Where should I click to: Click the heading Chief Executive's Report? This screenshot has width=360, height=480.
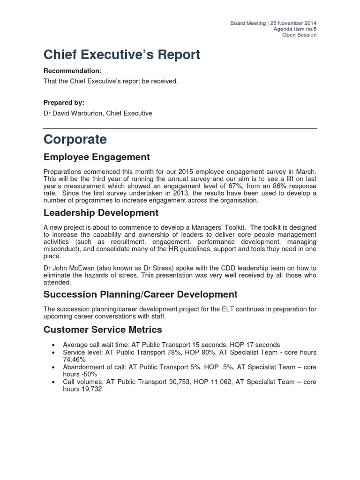(x=121, y=55)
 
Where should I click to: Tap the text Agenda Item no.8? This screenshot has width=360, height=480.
(x=295, y=29)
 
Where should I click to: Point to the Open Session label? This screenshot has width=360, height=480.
(x=299, y=35)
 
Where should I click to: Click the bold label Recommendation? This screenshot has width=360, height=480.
(x=72, y=71)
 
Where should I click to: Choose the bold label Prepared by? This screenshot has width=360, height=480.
(x=64, y=103)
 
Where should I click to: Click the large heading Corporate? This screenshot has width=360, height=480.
(x=75, y=140)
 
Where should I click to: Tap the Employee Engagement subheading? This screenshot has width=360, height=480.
(x=97, y=157)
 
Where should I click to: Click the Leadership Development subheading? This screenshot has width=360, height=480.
(x=101, y=213)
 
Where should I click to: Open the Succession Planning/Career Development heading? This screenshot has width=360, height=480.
(x=140, y=294)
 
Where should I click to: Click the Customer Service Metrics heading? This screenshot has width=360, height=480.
(x=103, y=330)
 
